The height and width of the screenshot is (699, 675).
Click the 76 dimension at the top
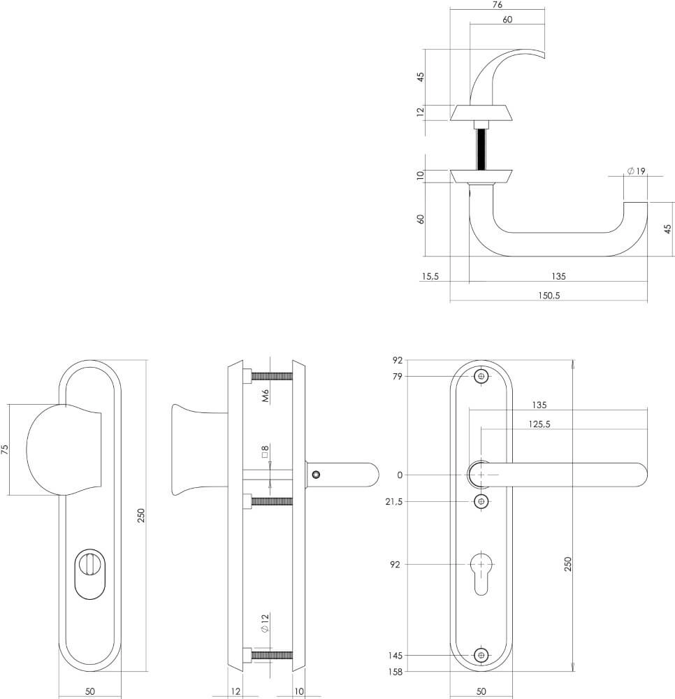(497, 4)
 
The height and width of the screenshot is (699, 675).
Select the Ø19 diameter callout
(636, 171)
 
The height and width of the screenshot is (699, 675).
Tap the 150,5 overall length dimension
(549, 295)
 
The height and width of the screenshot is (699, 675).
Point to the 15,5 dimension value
(430, 277)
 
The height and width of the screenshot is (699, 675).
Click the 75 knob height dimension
(6, 449)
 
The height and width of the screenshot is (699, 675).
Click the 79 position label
(398, 377)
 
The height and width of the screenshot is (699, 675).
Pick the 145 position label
(396, 656)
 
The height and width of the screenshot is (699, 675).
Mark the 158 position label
(396, 672)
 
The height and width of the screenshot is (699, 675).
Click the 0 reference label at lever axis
(400, 475)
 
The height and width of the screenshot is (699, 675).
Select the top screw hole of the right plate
(481, 377)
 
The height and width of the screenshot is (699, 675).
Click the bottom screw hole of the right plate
(481, 655)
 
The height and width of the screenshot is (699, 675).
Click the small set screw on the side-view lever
(317, 475)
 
